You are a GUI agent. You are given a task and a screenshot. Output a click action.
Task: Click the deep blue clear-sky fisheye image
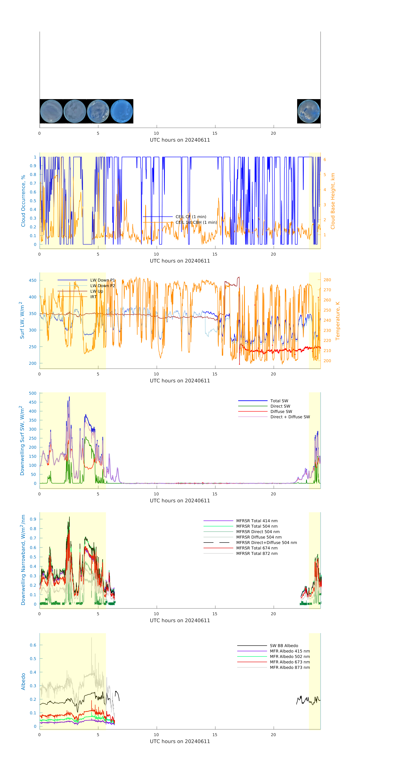point(122,111)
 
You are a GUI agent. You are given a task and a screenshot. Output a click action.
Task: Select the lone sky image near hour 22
point(309,111)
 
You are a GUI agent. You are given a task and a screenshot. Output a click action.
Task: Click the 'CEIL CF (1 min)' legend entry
point(191,216)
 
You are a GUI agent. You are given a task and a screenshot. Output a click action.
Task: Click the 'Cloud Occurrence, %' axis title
point(23,201)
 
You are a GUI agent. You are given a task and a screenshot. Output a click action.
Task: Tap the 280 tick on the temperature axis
point(327,280)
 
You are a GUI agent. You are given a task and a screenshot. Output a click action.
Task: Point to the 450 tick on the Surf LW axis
point(33,280)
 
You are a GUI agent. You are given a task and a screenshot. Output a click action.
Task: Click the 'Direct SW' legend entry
point(280,406)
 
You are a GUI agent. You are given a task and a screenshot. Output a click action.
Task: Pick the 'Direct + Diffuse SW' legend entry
point(290,417)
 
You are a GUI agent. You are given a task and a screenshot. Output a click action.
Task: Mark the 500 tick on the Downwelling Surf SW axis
point(33,393)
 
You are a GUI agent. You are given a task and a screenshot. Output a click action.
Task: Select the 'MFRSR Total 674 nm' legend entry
point(257,548)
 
